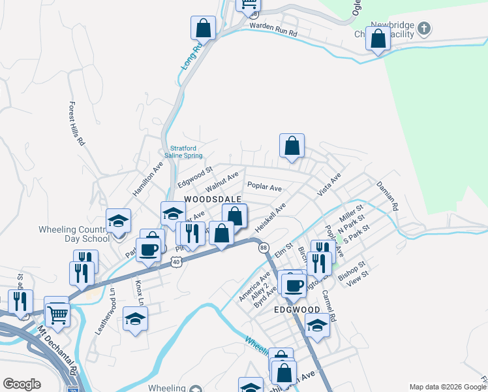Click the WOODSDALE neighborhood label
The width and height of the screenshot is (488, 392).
213,199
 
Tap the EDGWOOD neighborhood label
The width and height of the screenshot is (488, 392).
297,310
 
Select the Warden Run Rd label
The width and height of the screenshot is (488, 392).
273,32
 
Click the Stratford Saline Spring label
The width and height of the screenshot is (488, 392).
187,150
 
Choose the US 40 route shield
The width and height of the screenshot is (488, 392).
176,261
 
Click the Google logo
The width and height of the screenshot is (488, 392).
22,384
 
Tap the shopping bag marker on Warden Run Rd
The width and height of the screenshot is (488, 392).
203,29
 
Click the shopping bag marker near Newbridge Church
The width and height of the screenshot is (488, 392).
378,39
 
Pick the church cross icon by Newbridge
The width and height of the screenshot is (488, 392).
424,28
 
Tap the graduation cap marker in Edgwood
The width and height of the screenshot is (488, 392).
317,325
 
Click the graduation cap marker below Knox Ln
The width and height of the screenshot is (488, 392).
135,319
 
